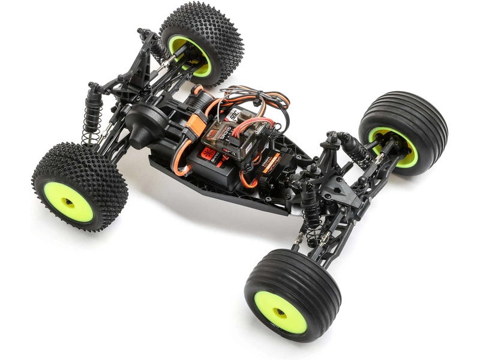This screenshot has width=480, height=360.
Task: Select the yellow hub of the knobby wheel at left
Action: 68,202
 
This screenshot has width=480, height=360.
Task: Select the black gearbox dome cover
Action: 144,123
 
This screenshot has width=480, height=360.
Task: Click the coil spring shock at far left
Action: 93,114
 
